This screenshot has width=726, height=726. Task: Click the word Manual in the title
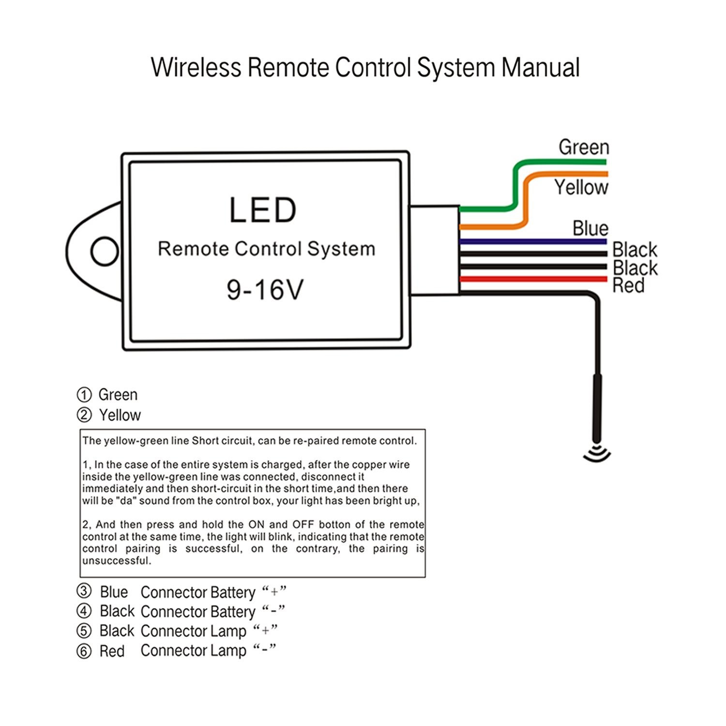[x=540, y=68]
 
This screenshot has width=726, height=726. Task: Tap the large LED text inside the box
[x=262, y=210]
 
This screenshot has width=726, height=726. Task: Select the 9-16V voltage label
[x=265, y=289]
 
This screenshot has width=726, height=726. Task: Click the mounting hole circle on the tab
[x=104, y=251]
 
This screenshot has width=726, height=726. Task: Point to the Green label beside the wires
[x=583, y=147]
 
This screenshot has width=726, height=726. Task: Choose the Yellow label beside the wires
[x=581, y=187]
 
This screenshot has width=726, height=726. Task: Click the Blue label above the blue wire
[x=590, y=228]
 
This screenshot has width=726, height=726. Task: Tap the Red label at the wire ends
[x=628, y=286]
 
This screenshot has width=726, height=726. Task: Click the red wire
[x=532, y=279]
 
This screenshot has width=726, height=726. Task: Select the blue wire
[x=532, y=241]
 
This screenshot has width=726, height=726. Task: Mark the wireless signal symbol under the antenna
[x=597, y=454]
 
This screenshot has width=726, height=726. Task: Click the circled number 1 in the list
[x=84, y=395]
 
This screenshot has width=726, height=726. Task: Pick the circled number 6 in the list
[x=84, y=651]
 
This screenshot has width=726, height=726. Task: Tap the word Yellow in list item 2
[x=120, y=415]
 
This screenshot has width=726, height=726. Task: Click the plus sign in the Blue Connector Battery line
[x=274, y=591]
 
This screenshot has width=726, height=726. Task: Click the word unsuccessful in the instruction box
[x=117, y=561]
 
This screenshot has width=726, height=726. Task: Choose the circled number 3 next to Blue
[x=84, y=591]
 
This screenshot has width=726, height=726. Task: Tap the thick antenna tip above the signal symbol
[x=596, y=407]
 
